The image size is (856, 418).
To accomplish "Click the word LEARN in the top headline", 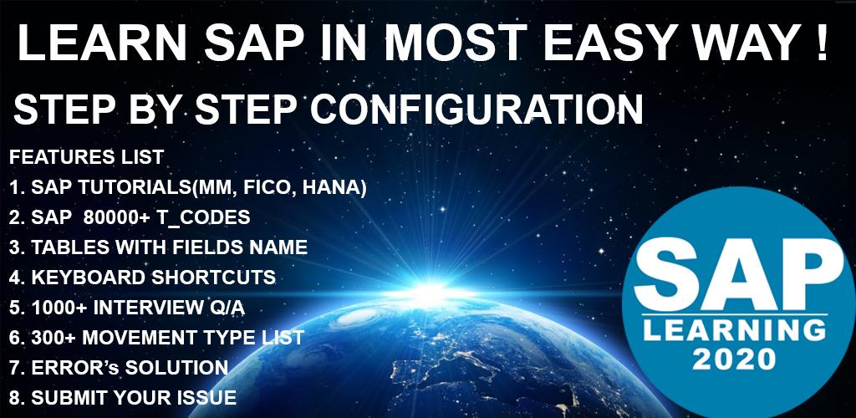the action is coord(100,43).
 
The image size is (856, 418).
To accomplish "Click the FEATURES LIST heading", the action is coord(86,158).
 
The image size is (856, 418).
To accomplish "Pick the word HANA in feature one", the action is coord(333,188).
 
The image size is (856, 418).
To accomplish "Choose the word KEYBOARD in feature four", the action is coord(89,278).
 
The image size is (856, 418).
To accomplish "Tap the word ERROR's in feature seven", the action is coord(75,367).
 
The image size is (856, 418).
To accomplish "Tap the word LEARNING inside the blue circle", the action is coord(735,331).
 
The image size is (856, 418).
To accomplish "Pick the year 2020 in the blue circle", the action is coord(735,359).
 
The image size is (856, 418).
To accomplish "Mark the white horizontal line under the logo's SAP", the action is coord(735,314).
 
